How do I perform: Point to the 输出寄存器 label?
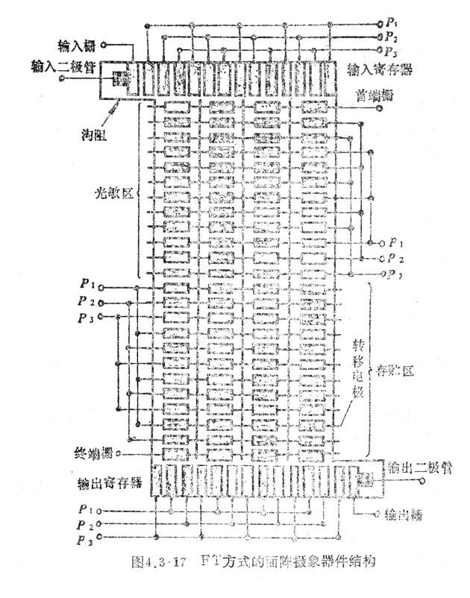pyautogui.click(x=115, y=482)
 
